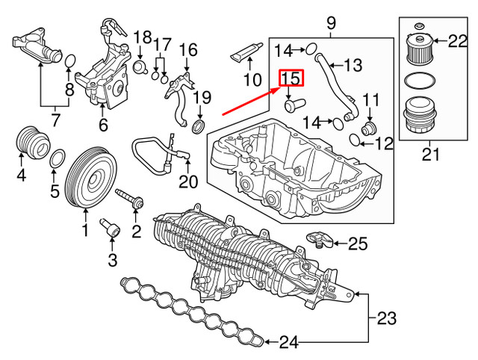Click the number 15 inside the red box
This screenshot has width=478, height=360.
(x=290, y=78)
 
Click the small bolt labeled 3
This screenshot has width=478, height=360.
(x=112, y=228)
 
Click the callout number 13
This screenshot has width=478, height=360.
(x=351, y=64)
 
